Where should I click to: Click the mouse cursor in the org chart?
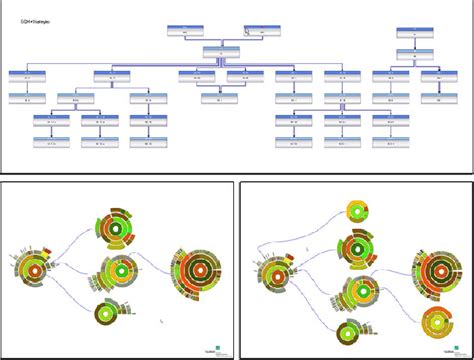click(x=248, y=31)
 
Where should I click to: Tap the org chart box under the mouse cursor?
click(x=262, y=32)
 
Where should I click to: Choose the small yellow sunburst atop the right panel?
click(x=354, y=211)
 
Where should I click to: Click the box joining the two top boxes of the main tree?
click(x=221, y=51)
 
